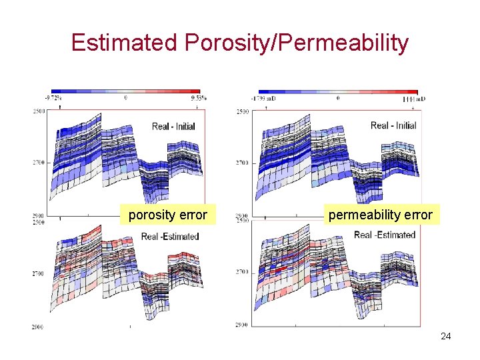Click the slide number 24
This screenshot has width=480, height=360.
445,337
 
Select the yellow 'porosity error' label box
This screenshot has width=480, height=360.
167,215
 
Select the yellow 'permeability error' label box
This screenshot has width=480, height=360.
379,215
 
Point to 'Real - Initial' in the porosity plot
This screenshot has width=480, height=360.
173,126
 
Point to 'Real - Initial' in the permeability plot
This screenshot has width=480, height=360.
393,125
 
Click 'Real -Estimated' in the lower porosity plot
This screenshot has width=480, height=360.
170,236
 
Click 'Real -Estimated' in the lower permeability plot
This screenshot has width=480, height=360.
385,235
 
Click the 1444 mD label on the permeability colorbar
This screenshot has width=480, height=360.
414,98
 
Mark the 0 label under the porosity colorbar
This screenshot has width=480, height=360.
126,97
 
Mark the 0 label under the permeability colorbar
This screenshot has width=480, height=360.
338,98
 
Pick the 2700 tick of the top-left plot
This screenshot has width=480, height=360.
39,162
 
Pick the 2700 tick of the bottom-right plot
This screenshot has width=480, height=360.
241,272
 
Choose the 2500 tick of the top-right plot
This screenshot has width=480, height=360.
241,111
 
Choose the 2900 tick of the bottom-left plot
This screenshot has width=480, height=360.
39,327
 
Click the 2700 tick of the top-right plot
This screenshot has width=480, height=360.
241,163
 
